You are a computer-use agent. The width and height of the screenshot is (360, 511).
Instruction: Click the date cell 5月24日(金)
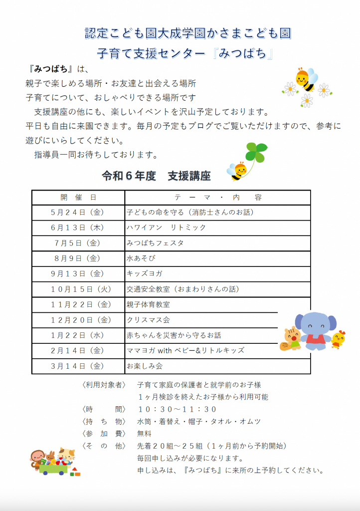coord(78,212)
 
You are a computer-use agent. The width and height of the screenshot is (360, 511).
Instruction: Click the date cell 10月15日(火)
coord(78,289)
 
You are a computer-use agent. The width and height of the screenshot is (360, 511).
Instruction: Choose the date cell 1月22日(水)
coord(78,335)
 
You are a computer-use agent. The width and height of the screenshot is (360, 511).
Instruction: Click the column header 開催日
coord(78,197)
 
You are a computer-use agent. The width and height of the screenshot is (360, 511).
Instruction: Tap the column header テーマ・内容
coord(218,197)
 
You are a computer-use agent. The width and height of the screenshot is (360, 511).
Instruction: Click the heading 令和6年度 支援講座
coord(156,176)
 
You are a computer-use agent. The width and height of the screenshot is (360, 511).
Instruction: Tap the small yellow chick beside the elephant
coord(339,339)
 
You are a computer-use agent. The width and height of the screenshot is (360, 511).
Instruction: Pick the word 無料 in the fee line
coord(144,434)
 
